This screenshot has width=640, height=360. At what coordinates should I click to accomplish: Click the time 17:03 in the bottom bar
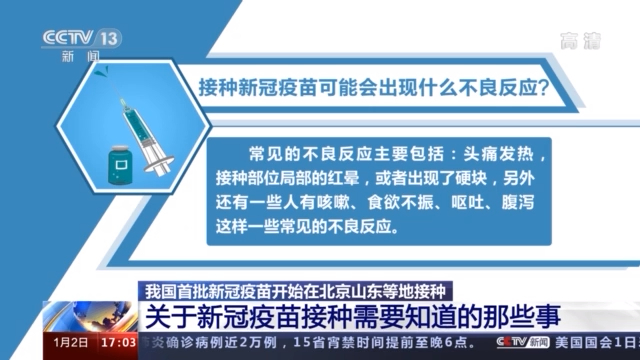click(x=117, y=343)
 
